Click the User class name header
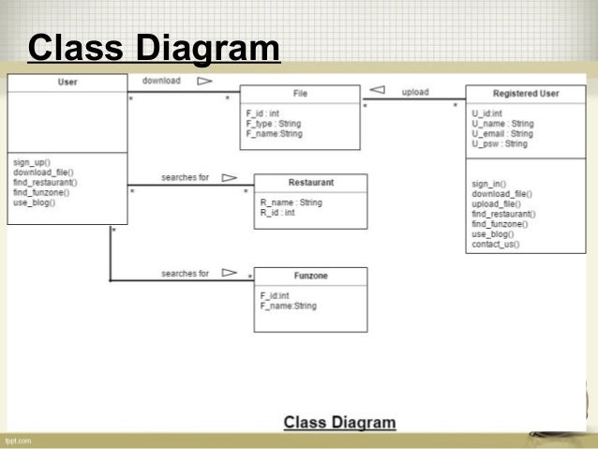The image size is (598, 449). pyautogui.click(x=67, y=82)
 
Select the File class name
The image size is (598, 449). pyautogui.click(x=300, y=94)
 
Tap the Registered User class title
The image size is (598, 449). pyautogui.click(x=526, y=94)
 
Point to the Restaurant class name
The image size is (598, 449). pyautogui.click(x=311, y=183)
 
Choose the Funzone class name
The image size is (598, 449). pyautogui.click(x=310, y=277)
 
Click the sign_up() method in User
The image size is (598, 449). pyautogui.click(x=33, y=161)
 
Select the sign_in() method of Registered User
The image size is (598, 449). pyautogui.click(x=488, y=184)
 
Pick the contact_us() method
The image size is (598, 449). pyautogui.click(x=496, y=245)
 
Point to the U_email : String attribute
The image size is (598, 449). pyautogui.click(x=502, y=134)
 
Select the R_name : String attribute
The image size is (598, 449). pyautogui.click(x=291, y=202)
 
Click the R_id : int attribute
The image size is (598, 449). pyautogui.click(x=277, y=213)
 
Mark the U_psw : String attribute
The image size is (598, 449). pyautogui.click(x=500, y=144)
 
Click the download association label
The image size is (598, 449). pyautogui.click(x=161, y=82)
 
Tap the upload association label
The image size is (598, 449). pyautogui.click(x=416, y=92)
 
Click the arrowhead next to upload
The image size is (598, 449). pyautogui.click(x=378, y=91)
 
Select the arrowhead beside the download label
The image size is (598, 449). pyautogui.click(x=203, y=82)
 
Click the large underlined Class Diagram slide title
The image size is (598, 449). pyautogui.click(x=154, y=48)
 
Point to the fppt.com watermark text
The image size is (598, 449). pyautogui.click(x=19, y=440)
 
